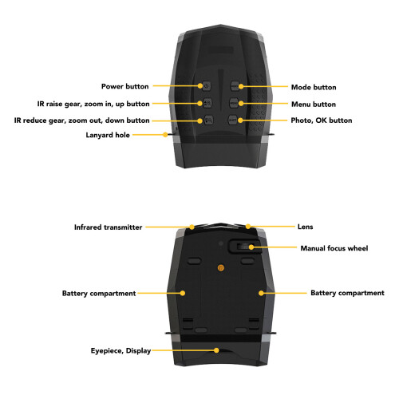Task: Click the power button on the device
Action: [207, 86]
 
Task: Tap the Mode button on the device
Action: [235, 86]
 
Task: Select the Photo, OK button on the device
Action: [233, 120]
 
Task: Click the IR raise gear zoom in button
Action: [207, 103]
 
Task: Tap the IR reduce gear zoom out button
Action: [208, 120]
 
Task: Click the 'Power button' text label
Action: [125, 86]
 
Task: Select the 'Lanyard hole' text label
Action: [108, 135]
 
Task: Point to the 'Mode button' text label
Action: [314, 87]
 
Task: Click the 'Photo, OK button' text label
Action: [322, 120]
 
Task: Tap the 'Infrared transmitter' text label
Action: [108, 227]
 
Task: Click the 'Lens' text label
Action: [306, 227]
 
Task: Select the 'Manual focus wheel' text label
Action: [334, 248]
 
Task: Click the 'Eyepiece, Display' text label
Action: [120, 351]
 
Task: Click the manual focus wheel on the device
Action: [244, 247]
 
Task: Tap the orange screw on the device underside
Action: [220, 267]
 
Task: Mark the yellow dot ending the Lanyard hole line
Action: [165, 135]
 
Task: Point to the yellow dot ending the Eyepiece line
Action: [216, 350]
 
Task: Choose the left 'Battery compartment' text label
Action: [99, 294]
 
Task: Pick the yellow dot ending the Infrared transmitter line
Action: [192, 227]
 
